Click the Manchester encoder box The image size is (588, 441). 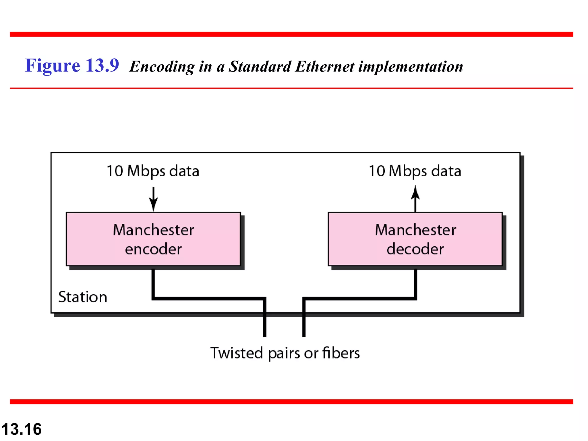point(153,239)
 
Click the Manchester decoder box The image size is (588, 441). point(415,239)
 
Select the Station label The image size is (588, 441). point(83,297)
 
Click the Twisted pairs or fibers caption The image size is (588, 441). point(285,353)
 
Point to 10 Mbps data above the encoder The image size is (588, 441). point(153,171)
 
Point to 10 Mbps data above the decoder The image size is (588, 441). point(415,171)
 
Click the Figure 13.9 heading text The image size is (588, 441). point(72,65)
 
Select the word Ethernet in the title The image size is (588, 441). point(325,67)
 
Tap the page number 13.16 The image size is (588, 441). point(22,429)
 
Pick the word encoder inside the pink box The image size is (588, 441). point(153,249)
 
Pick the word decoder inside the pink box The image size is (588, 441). point(415,249)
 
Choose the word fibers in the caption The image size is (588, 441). point(341,353)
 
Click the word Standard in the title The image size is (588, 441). point(260,67)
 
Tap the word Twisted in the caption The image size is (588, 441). point(237,353)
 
